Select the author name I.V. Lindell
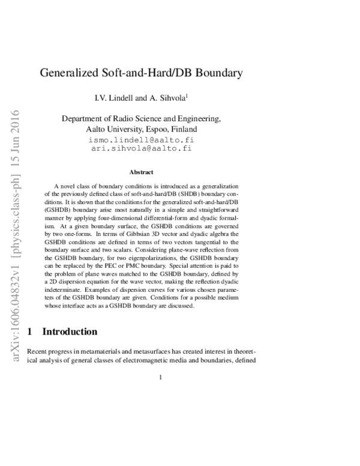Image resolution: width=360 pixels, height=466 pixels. tap(131, 97)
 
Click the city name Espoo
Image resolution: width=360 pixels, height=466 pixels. tap(158, 130)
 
